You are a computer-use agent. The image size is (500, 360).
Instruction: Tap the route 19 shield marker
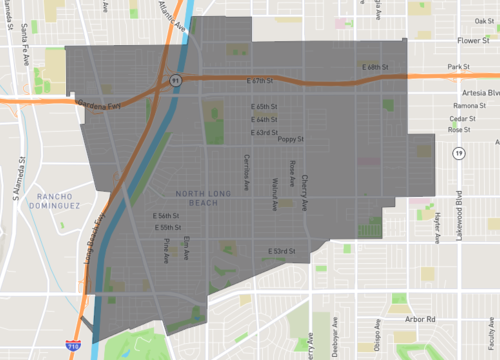click(458, 153)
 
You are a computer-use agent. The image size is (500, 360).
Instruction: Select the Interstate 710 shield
click(75, 345)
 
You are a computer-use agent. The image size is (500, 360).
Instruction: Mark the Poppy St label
click(290, 140)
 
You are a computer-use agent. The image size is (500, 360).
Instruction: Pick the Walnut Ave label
click(274, 193)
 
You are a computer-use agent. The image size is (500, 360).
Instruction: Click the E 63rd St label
click(263, 131)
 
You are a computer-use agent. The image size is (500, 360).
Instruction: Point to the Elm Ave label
click(187, 247)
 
